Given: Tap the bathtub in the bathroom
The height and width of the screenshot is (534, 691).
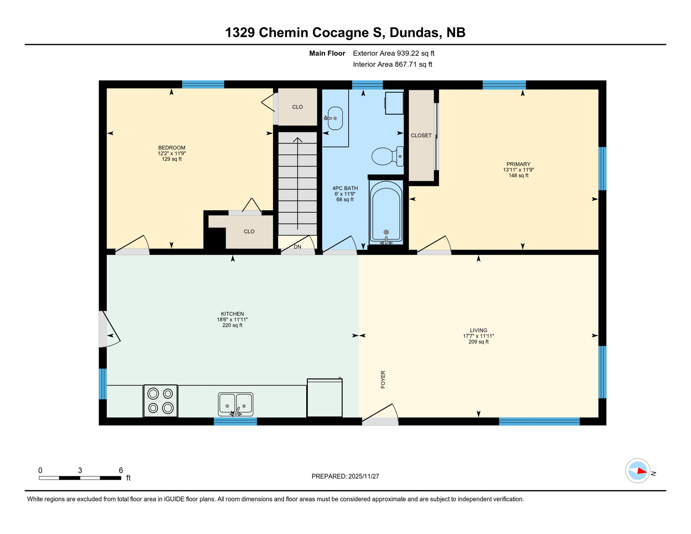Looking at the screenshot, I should click(386, 211).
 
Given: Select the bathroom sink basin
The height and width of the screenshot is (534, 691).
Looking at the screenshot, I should click(335, 118).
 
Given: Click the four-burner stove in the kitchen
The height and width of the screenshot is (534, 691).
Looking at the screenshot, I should click(161, 401).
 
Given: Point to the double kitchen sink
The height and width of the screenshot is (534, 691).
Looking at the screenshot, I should click(235, 404).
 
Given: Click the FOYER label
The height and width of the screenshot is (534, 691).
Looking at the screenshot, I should click(383, 379).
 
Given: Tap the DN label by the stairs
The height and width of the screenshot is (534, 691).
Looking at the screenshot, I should click(298, 247).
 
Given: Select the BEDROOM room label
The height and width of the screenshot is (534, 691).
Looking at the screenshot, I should click(172, 148).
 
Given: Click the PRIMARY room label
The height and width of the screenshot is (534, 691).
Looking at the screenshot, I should click(518, 164).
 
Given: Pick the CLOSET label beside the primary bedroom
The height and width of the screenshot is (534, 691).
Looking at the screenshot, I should click(421, 136).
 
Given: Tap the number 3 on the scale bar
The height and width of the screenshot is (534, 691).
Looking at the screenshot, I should click(80, 470).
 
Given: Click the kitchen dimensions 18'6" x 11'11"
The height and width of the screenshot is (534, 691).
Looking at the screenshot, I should click(232, 319).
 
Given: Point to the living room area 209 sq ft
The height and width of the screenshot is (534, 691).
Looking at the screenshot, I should click(478, 342).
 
